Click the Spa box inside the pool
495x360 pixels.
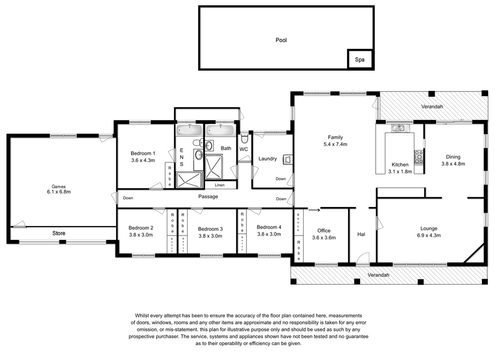[360, 59]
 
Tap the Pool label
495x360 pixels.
[281, 40]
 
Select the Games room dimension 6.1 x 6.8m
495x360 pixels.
[58, 192]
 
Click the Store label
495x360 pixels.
[58, 233]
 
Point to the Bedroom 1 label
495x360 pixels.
[143, 153]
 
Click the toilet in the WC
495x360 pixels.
[244, 138]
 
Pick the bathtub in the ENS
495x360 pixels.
[189, 130]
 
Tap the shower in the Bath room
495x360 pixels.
[214, 167]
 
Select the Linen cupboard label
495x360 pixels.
[220, 185]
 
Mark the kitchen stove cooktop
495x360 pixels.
[419, 157]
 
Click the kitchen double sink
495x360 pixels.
[400, 128]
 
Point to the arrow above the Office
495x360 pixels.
[314, 209]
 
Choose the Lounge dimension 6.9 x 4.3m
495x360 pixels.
[429, 236]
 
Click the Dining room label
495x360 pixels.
[453, 157]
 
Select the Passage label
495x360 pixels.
[208, 196]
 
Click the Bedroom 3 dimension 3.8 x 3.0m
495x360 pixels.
[210, 236]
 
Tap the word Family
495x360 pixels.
[335, 137]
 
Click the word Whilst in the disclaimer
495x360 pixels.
[142, 315]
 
